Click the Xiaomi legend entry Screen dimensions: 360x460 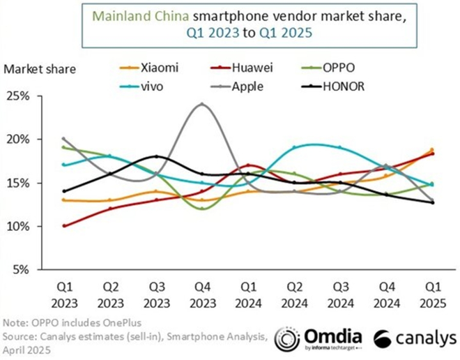[x=153, y=68]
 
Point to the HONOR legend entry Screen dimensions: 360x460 [x=335, y=87]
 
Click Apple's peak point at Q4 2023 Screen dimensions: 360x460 [x=202, y=105]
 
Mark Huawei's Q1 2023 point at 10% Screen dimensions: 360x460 [x=65, y=226]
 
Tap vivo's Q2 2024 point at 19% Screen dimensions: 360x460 [x=294, y=148]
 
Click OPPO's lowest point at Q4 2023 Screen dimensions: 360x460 [x=202, y=209]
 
